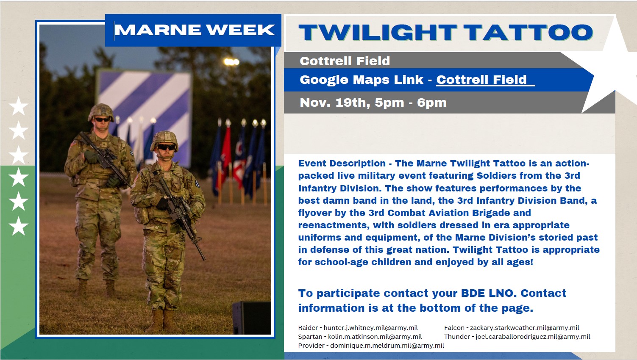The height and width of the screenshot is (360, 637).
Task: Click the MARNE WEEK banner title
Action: pyautogui.click(x=195, y=30)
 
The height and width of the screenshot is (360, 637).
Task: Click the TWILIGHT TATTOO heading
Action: pyautogui.click(x=446, y=32)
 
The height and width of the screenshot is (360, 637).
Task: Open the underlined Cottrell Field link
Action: pyautogui.click(x=485, y=80)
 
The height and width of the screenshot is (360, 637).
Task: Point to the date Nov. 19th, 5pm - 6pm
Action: pyautogui.click(x=373, y=102)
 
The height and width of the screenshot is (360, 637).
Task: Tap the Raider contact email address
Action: pyautogui.click(x=371, y=328)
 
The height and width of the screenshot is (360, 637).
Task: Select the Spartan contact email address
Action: pyautogui.click(x=375, y=337)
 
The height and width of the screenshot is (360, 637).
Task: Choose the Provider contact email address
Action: pyautogui.click(x=387, y=346)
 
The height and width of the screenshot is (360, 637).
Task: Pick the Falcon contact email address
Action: pyautogui.click(x=525, y=328)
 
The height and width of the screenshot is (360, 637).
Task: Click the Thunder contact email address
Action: pyautogui.click(x=533, y=337)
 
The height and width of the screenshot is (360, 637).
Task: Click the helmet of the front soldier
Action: pyautogui.click(x=164, y=140)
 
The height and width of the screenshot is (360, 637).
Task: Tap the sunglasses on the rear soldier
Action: pyautogui.click(x=103, y=119)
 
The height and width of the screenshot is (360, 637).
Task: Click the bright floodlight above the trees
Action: pyautogui.click(x=231, y=62)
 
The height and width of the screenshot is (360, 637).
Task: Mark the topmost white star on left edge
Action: pyautogui.click(x=19, y=106)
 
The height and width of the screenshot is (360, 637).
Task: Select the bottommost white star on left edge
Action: pyautogui.click(x=19, y=226)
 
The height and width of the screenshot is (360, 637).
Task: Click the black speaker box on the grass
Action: pyautogui.click(x=252, y=318)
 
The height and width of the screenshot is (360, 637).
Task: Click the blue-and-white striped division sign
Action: pyautogui.click(x=144, y=116)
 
